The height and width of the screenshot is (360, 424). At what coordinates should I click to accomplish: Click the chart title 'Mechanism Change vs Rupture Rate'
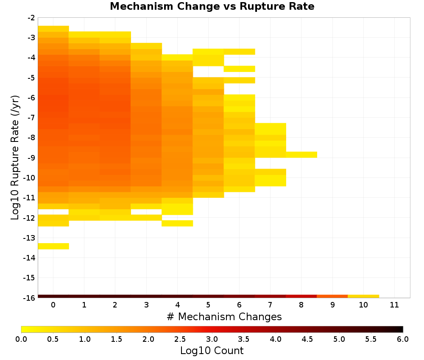[212, 6]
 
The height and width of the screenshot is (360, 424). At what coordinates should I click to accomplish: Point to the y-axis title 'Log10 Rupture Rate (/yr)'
[15, 158]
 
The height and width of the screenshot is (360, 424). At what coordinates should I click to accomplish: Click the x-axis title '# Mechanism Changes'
[224, 316]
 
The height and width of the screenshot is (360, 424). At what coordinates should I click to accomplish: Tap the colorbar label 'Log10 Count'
[212, 351]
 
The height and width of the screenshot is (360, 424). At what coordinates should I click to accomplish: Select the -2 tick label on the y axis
[31, 18]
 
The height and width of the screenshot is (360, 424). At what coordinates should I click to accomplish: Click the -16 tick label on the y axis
[30, 298]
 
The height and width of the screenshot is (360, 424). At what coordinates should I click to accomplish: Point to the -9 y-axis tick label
[31, 158]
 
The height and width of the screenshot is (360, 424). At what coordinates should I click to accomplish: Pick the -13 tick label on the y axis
[30, 238]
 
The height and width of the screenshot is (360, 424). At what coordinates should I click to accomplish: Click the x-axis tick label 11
[394, 305]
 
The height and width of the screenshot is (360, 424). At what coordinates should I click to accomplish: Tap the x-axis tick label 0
[53, 305]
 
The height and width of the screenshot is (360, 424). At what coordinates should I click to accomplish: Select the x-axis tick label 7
[270, 305]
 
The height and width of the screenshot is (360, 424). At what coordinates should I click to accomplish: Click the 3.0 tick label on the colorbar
[212, 339]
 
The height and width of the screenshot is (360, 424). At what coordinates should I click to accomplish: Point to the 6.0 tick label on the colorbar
[403, 339]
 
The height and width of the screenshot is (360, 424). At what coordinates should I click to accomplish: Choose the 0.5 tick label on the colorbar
[53, 339]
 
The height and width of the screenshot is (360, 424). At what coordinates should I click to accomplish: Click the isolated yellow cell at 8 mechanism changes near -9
[301, 155]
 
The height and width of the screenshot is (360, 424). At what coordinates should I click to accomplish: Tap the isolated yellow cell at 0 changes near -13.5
[53, 246]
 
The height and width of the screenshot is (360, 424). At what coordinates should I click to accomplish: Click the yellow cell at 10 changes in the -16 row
[363, 296]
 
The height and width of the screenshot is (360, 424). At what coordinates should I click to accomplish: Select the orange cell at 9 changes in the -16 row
[332, 296]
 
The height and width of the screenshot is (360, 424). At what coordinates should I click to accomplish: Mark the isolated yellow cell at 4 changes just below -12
[177, 223]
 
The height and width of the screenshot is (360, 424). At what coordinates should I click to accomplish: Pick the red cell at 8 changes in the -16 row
[301, 296]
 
